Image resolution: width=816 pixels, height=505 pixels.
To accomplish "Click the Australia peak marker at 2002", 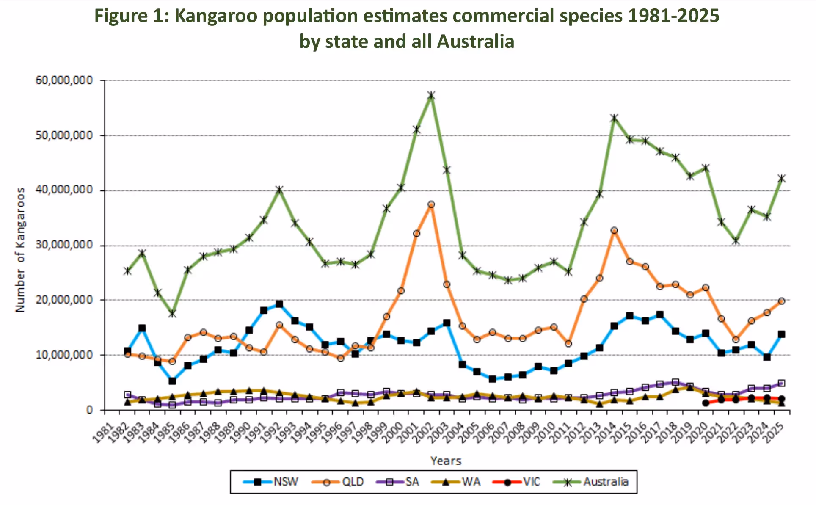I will click(431, 96).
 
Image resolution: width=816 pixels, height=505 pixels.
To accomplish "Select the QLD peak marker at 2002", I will click(431, 204).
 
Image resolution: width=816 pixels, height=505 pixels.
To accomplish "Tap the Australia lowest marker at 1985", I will click(172, 314).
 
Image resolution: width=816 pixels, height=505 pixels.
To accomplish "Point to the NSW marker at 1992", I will click(279, 304).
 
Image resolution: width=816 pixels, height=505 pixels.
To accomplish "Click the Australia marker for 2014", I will click(615, 118).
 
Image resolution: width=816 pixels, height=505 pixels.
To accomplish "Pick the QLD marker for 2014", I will click(615, 231).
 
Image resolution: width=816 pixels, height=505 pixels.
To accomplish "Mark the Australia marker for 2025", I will click(782, 178).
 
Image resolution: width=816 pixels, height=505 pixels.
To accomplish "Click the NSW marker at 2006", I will click(493, 379).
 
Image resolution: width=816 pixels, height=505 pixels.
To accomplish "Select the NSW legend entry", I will click(271, 482).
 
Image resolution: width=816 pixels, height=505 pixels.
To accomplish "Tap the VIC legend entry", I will click(517, 482).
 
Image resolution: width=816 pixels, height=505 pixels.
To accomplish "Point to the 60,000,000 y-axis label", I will click(64, 80).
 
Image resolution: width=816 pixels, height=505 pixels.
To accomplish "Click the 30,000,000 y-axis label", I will click(64, 245).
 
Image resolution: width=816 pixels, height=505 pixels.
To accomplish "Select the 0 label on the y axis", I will click(89, 410).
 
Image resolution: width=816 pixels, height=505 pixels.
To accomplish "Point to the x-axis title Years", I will click(446, 461).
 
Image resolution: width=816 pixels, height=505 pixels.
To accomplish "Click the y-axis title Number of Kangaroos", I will click(20, 250).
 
